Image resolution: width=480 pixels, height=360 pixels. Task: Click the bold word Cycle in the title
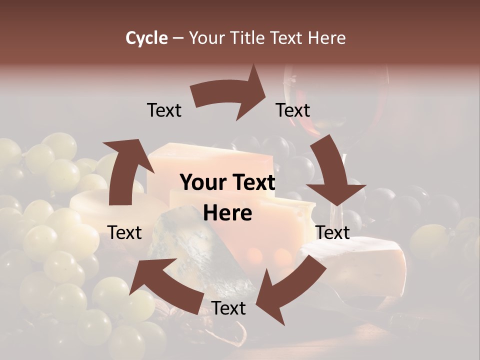[146, 38]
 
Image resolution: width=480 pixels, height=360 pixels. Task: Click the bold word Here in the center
[227, 213]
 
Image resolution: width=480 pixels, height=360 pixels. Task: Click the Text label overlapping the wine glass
[293, 110]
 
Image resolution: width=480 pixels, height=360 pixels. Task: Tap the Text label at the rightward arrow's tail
[164, 110]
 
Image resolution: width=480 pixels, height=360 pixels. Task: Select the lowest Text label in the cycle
[228, 308]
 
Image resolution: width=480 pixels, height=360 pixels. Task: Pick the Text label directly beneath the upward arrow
[124, 232]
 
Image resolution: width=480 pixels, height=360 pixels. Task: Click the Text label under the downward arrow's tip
[332, 232]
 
